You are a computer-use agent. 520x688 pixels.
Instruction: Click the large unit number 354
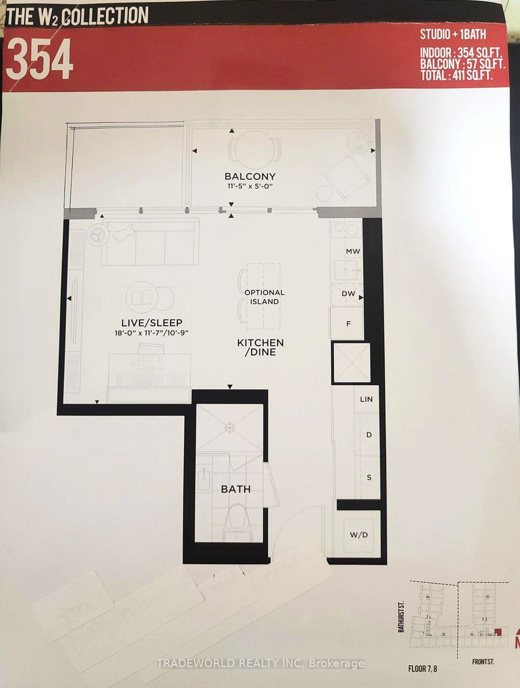pos(40,59)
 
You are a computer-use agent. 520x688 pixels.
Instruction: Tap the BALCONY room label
pos(250,176)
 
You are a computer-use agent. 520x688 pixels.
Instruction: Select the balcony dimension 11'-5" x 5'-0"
pos(250,186)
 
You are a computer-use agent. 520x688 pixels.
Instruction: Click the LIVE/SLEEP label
pos(151,323)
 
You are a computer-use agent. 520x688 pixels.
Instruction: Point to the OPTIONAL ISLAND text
pos(264,297)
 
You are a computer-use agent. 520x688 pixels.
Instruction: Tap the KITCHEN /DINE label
pos(260,347)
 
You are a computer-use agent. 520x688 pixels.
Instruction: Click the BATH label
pos(236,489)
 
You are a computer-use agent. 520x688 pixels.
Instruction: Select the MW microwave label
pos(352,251)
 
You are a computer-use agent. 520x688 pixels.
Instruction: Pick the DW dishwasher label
pos(348,294)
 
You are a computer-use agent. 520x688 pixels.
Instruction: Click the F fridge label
pos(348,324)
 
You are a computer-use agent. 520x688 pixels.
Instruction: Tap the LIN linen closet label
pos(366,399)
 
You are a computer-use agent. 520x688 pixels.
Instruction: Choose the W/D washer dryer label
pos(359,535)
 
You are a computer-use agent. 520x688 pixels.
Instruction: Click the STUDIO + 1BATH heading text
pos(452,35)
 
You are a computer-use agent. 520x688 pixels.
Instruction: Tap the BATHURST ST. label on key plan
pos(401,616)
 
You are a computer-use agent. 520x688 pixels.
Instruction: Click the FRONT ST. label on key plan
pos(482,662)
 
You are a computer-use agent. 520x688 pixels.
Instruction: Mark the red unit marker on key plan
pos(498,632)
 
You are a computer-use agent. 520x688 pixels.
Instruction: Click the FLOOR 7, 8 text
pos(422,668)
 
